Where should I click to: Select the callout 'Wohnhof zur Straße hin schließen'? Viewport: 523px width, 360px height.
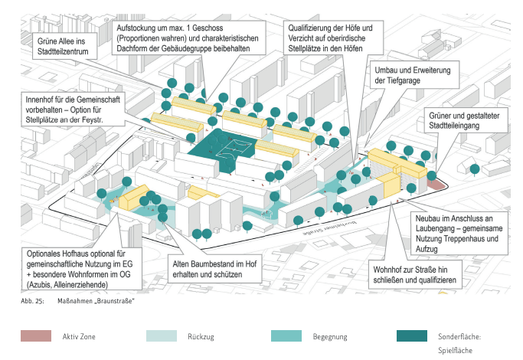coord(417,275)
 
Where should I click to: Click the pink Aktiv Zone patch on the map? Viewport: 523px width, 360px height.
coord(436,185)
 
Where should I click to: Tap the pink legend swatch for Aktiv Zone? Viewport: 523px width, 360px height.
coord(35,335)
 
